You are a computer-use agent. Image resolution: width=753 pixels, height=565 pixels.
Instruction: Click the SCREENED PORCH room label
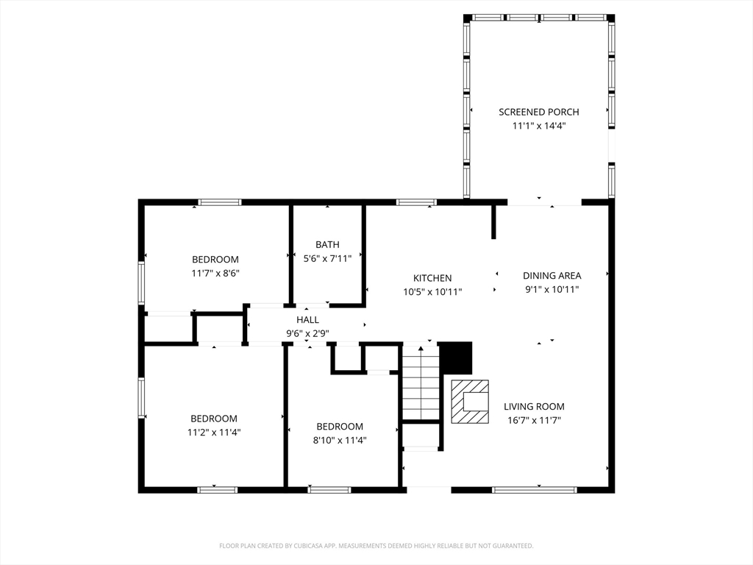click(539, 112)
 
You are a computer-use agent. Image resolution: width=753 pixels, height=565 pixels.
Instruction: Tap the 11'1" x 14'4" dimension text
click(539, 126)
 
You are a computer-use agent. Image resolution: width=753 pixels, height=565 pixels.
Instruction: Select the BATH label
click(327, 244)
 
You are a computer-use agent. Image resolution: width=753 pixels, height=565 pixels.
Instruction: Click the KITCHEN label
click(432, 278)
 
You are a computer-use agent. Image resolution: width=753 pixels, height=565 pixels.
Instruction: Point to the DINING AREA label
click(552, 276)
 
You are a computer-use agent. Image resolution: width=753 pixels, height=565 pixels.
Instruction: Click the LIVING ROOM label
click(534, 406)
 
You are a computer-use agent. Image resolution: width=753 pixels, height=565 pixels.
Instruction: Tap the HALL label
click(308, 320)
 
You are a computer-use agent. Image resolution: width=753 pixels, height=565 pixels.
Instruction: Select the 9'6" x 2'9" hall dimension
click(308, 333)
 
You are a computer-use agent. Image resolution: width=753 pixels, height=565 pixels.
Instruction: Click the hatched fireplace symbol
click(470, 402)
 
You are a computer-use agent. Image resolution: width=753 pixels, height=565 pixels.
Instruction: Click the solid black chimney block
click(456, 358)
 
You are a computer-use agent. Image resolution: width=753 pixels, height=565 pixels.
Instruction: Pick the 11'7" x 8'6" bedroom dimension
click(215, 274)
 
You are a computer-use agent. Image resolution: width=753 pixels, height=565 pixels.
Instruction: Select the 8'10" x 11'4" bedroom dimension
click(340, 440)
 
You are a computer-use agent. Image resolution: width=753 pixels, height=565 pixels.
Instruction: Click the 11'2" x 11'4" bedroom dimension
click(214, 433)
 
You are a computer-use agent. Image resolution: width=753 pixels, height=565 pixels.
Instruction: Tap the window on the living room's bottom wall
click(535, 490)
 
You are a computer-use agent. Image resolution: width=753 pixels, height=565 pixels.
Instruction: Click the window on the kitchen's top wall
click(416, 202)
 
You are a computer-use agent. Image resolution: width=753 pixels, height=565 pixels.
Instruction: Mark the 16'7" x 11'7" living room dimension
click(535, 420)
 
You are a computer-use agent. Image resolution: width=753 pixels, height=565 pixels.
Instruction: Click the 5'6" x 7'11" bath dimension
click(327, 258)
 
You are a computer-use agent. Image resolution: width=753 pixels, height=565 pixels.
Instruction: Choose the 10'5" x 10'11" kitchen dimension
click(432, 291)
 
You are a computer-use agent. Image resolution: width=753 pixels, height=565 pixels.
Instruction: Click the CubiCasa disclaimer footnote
click(376, 546)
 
